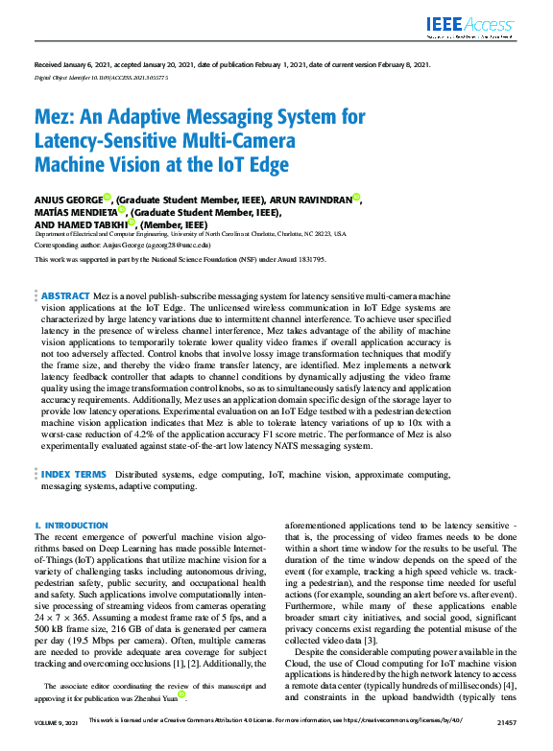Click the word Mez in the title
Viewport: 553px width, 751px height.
(56, 117)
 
